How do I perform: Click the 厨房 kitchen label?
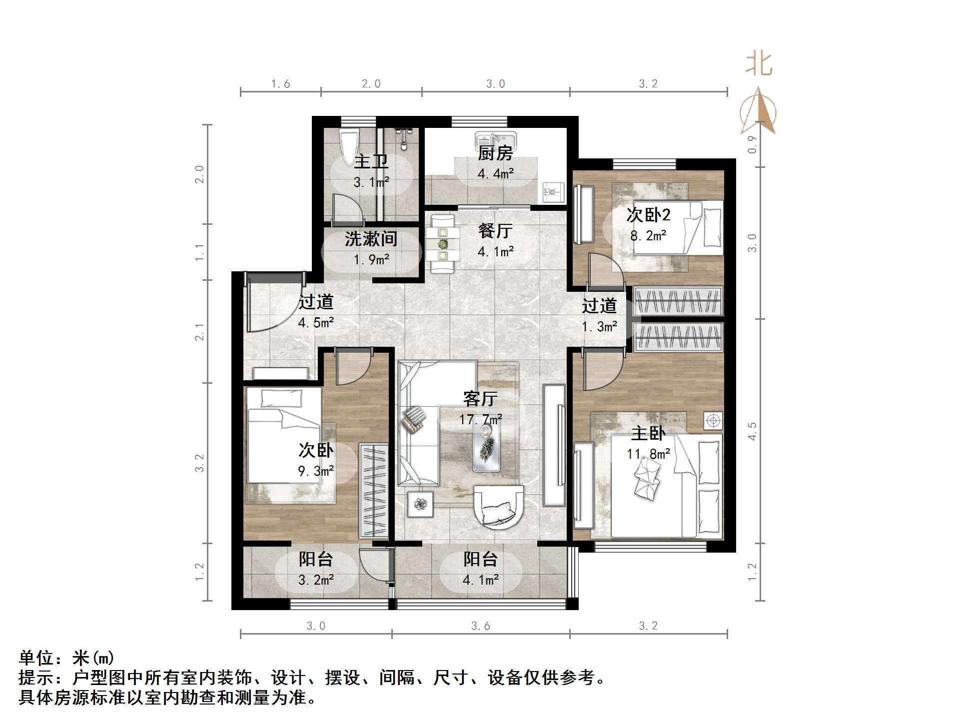tap(495, 153)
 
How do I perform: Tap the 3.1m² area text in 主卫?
tap(371, 182)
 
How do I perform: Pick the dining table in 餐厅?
tap(443, 244)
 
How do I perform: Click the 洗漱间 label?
tap(371, 239)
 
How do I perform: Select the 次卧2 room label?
tap(648, 215)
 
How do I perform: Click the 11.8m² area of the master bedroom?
tap(648, 454)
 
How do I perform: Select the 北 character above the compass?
tap(759, 65)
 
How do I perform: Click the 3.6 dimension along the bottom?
tap(480, 626)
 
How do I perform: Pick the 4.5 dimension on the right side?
tap(752, 431)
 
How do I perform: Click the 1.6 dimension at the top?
tap(280, 84)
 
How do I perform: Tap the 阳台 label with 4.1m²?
tap(480, 559)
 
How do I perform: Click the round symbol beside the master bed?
tap(713, 421)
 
